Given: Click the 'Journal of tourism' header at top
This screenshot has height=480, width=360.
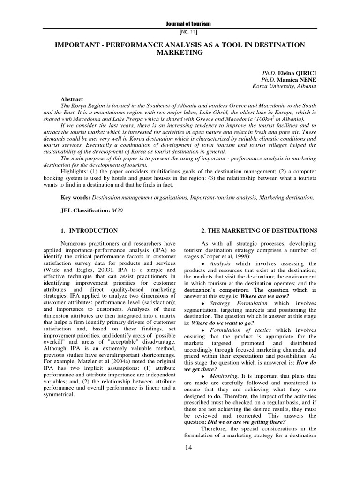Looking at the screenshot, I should pyautogui.click(x=189, y=24).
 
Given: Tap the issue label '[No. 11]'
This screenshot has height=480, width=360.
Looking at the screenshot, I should pyautogui.click(x=189, y=31).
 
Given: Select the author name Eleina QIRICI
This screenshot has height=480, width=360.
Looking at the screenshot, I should pyautogui.click(x=297, y=74).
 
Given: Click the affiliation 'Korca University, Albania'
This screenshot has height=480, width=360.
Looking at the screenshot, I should pyautogui.click(x=284, y=86).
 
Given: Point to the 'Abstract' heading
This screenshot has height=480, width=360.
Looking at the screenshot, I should pyautogui.click(x=72, y=99).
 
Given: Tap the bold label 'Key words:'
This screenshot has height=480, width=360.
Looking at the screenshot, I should pyautogui.click(x=76, y=198).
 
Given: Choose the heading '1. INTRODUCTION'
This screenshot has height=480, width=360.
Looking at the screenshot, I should pyautogui.click(x=89, y=231).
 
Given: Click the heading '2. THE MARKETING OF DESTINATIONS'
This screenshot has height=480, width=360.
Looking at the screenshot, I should pyautogui.click(x=259, y=231).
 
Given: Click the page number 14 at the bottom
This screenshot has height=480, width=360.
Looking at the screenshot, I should pyautogui.click(x=189, y=449).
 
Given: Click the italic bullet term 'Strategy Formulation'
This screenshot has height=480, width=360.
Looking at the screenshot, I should pyautogui.click(x=239, y=303).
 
